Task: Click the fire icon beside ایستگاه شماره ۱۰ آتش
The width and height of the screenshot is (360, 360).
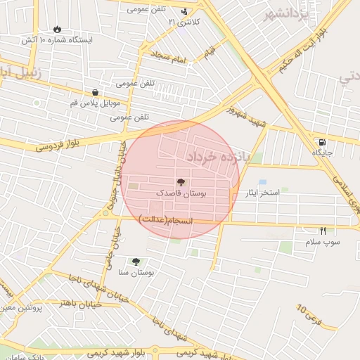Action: [x=56, y=30]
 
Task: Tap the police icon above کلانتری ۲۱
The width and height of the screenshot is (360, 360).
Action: [x=184, y=11]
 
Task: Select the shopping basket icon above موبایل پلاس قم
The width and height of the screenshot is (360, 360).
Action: [x=95, y=92]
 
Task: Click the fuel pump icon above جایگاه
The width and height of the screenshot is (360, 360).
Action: [x=322, y=141]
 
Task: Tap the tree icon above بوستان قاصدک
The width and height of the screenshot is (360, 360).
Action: [x=181, y=181]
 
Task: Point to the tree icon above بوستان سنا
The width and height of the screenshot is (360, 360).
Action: [x=136, y=261]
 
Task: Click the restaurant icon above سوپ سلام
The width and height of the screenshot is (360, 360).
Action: [x=323, y=231]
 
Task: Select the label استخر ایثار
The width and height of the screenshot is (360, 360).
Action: [x=262, y=193]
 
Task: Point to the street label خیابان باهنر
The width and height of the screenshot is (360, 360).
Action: [x=81, y=302]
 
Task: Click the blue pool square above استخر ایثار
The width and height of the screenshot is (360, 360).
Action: [x=262, y=183]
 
